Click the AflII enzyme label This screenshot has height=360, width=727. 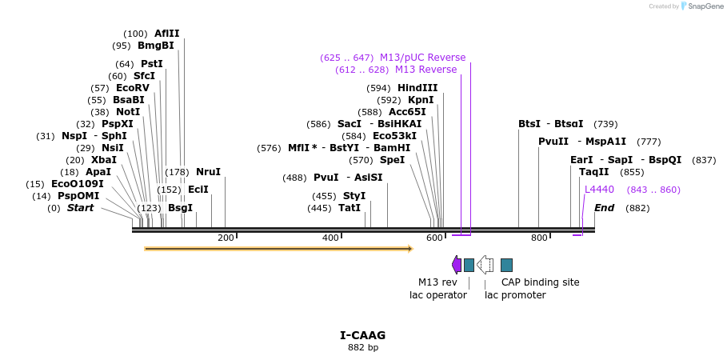167,34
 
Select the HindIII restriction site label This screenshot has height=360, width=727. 417,88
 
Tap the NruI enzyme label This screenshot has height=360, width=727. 208,172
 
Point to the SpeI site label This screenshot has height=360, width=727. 392,160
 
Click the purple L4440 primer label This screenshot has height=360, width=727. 599,190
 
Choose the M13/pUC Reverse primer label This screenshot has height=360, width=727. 422,58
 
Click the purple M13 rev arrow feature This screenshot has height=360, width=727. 457,265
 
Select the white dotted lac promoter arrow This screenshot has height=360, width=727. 485,265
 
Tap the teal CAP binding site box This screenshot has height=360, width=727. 506,265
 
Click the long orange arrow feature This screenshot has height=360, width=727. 278,249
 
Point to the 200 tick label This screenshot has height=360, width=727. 226,238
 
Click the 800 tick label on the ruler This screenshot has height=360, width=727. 539,238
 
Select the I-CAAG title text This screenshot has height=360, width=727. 362,335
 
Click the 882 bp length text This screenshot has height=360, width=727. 362,348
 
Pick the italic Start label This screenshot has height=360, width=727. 80,208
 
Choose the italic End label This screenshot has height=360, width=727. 605,208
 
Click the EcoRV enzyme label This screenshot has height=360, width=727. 133,88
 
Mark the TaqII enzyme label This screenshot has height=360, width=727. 593,172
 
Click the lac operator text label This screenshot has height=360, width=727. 437,295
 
